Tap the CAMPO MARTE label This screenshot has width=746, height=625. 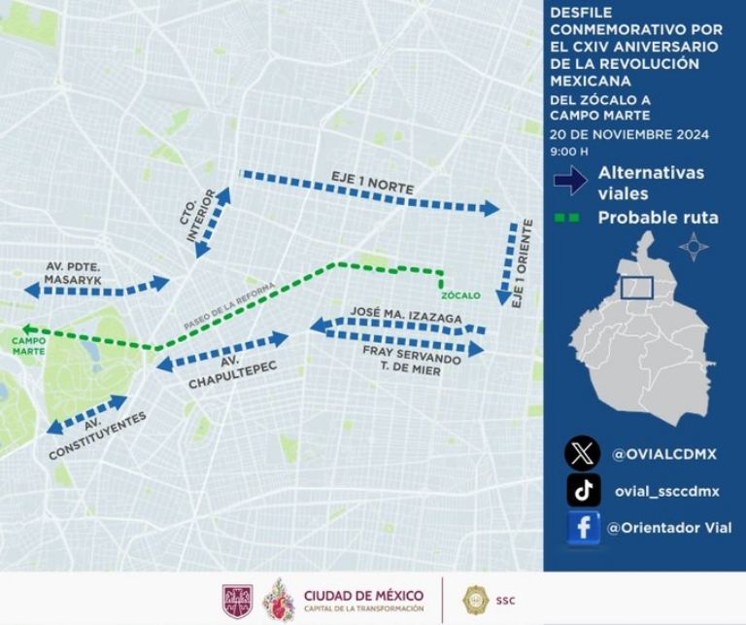pos(29,345)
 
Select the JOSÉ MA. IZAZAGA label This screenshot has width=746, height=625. pos(406,316)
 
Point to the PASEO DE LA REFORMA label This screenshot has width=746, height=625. pos(230,305)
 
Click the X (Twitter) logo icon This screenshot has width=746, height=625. pos(583,453)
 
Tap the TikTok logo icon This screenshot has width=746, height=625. pos(583,490)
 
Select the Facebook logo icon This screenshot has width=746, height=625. pos(583,528)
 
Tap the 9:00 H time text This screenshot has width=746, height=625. pos(569,152)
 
